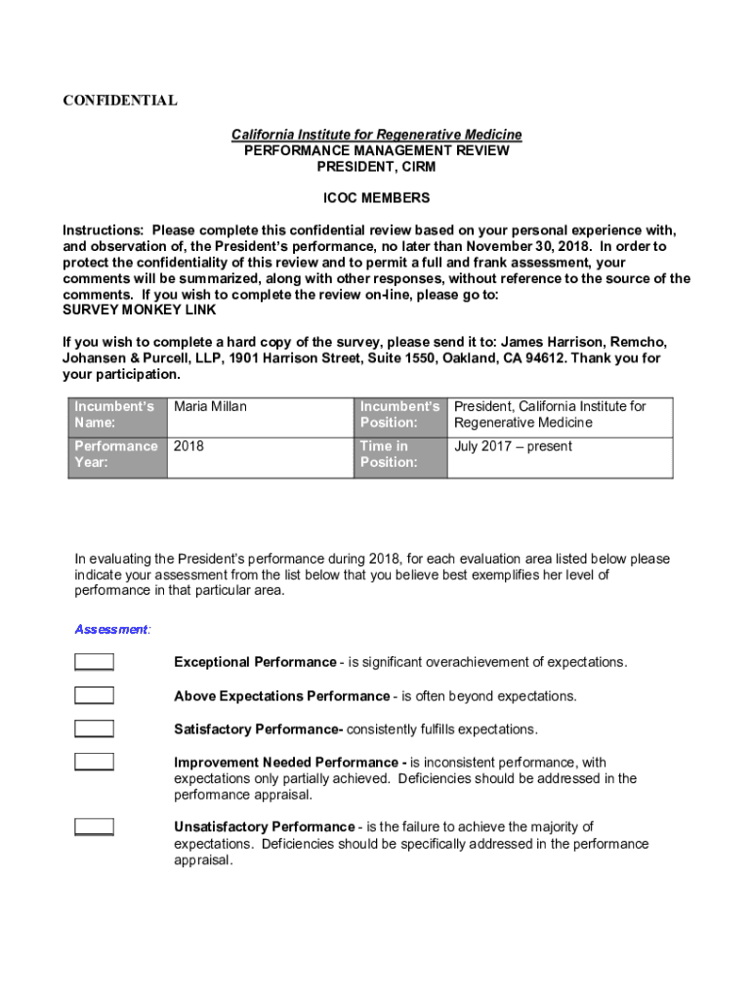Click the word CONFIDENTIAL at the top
pos(120,101)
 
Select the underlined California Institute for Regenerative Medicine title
pos(376,134)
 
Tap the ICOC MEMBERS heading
pos(376,198)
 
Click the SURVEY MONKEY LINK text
pos(140,310)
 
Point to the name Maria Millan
pos(210,406)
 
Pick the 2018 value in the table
pos(189,446)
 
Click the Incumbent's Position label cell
pos(400,414)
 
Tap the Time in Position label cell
pos(400,454)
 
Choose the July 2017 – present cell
pos(513,446)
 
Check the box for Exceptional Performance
pos(94,662)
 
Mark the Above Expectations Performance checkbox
pos(94,695)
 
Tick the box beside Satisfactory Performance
pos(94,729)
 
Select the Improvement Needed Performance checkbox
pos(94,762)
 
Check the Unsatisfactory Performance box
pos(94,827)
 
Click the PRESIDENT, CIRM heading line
pos(376,167)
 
